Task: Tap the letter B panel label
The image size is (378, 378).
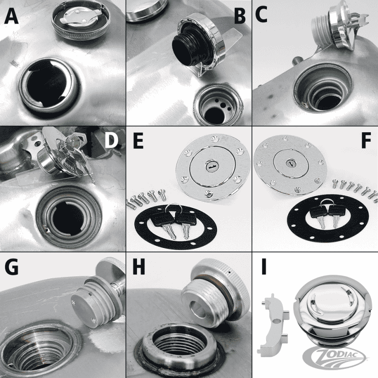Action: coord(241,16)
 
